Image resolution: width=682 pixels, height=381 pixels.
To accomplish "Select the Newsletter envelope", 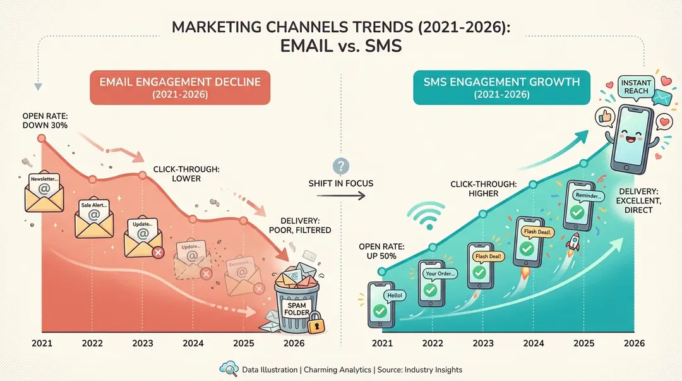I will click(x=42, y=192).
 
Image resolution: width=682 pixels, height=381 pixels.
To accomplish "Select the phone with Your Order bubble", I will click(x=431, y=281).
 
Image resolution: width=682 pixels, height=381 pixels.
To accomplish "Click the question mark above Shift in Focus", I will click(x=341, y=166).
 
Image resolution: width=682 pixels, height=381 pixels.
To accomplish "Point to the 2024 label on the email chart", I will click(x=193, y=343).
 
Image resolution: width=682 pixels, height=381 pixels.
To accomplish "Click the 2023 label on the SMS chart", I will click(x=482, y=343).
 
